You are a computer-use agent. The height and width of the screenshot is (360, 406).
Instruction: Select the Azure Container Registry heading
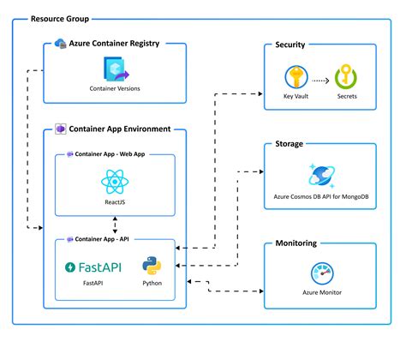coord(119,43)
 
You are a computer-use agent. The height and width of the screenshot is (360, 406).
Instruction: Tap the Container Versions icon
coord(115,70)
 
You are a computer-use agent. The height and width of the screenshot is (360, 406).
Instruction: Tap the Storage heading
coord(289,144)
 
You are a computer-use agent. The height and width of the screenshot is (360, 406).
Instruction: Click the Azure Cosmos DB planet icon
coord(319,176)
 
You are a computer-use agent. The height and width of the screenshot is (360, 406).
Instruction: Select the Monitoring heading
coord(296,243)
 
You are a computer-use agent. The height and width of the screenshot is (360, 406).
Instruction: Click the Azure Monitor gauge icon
coord(319,274)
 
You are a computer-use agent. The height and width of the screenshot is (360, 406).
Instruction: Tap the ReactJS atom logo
coord(115,182)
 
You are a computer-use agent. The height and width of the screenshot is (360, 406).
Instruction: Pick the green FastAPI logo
coord(93,267)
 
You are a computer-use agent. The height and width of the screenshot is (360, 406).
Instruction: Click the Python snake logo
coord(152,265)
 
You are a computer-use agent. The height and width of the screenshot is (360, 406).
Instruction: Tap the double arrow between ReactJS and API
coord(115,224)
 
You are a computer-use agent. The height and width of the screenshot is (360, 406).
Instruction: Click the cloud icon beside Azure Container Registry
coord(60,43)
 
